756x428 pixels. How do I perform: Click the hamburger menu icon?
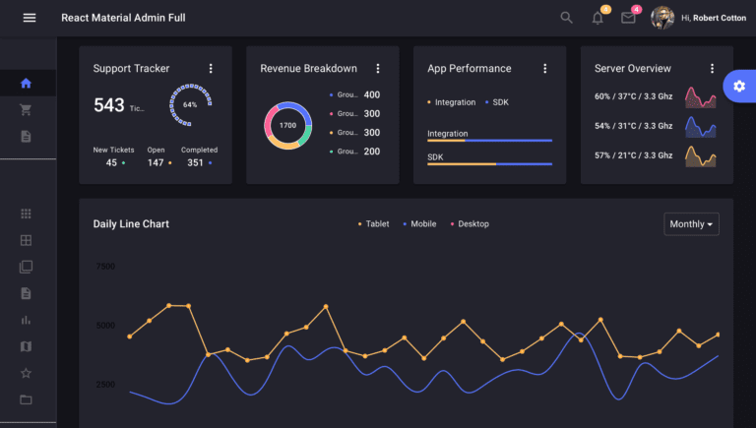click(30, 18)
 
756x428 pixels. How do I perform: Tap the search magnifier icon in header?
click(566, 18)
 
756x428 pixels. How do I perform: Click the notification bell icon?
click(598, 18)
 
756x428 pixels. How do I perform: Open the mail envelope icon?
click(628, 18)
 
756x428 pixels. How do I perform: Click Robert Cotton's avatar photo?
click(662, 18)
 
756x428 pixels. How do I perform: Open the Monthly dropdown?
click(692, 224)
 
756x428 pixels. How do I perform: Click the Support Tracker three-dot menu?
click(211, 69)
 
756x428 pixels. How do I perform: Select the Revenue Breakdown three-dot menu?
click(378, 69)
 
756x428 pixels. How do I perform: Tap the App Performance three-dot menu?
click(545, 69)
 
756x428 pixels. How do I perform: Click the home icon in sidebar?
click(26, 84)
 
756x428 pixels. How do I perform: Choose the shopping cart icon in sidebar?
click(26, 110)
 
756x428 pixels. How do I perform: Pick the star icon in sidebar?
click(26, 373)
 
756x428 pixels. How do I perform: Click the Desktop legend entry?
click(470, 224)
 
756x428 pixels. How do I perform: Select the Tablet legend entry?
click(373, 224)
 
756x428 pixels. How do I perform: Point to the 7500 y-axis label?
click(105, 267)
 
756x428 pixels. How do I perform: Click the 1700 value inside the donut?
click(287, 126)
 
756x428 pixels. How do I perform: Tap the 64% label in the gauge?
click(190, 104)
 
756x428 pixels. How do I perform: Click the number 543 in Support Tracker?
click(109, 105)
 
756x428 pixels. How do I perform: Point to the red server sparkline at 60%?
click(700, 97)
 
